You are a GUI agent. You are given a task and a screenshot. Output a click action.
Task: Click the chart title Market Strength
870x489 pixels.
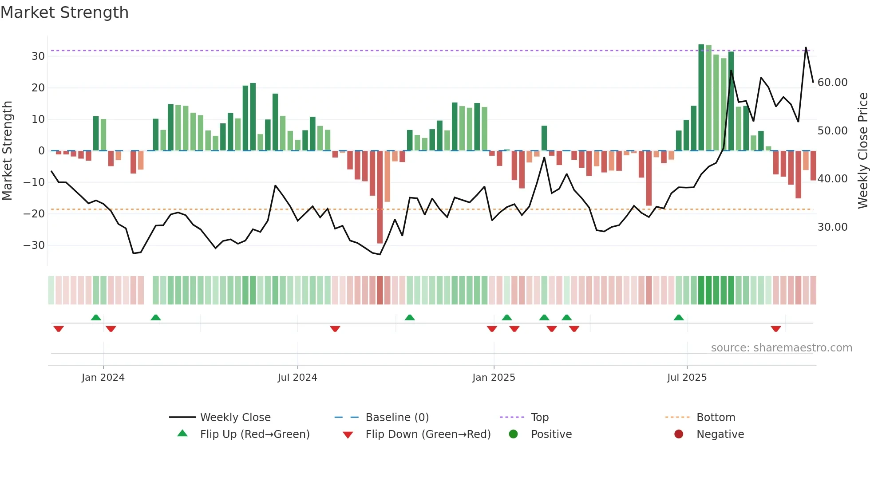click(x=64, y=12)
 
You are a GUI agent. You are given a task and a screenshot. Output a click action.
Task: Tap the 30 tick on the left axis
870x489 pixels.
click(x=38, y=56)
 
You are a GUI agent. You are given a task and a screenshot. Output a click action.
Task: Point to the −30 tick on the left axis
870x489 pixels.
click(x=35, y=245)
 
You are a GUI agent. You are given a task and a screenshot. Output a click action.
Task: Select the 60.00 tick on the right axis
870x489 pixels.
click(x=832, y=83)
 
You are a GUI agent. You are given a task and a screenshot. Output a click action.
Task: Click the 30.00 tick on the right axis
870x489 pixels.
click(x=832, y=227)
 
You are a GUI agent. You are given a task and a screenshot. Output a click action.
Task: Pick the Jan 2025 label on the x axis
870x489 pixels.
click(x=494, y=378)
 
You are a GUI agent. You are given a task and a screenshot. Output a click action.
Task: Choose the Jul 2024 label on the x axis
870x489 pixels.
click(x=297, y=378)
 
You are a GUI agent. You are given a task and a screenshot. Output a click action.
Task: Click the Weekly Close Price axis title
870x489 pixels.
click(x=862, y=151)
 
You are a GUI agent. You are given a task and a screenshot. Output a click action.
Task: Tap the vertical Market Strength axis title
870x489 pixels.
click(x=7, y=151)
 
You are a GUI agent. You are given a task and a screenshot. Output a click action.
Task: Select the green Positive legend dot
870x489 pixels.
click(x=513, y=434)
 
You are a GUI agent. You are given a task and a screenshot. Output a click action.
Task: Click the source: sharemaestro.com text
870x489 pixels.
click(x=781, y=348)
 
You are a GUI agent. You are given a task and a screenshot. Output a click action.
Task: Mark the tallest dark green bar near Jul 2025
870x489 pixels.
click(x=701, y=98)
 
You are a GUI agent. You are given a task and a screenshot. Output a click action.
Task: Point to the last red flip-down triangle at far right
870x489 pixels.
click(x=776, y=329)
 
